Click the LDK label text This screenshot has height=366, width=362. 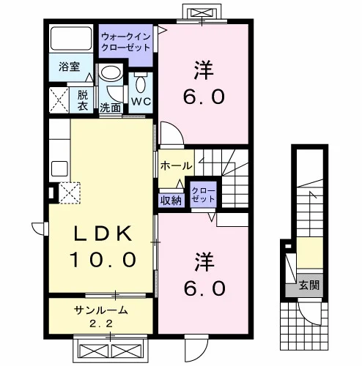pos(103,234)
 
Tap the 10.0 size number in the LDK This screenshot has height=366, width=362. pos(103,259)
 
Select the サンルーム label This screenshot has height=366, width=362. pos(101,310)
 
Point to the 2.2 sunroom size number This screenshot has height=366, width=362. pos(101,324)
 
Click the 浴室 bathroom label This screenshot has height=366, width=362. pos(70,67)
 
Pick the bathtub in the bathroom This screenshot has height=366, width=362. pos(71,39)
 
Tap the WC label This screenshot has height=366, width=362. pos(141,102)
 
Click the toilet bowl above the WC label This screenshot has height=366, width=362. pos(140,83)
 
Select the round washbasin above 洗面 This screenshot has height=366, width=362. pos(111,72)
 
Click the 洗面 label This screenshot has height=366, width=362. pos(111,108)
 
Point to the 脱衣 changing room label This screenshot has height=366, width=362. pos(83,100)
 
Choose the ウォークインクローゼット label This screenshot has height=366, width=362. pos(125,42)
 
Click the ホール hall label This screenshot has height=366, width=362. pos(176,166)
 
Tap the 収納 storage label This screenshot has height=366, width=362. pos(171,201)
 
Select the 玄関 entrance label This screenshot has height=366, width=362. pos(309,285)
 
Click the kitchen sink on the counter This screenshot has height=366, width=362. pos(59,168)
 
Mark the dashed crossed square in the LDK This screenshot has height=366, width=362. pos(70,193)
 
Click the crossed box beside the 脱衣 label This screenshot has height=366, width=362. pos(59,100)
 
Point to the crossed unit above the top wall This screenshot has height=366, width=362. pos(202,12)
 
